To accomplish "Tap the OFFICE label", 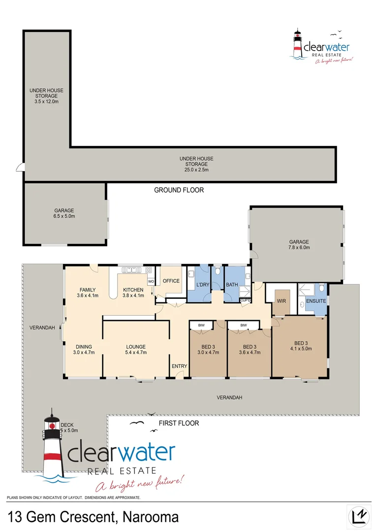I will coord(171,281).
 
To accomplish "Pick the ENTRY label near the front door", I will coord(179,366).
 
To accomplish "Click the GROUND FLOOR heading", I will coord(179,190).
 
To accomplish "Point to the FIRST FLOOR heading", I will coord(179,423).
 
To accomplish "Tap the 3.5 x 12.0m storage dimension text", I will coord(46,101).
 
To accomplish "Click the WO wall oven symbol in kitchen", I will coord(151,281).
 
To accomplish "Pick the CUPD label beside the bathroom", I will coord(245,299).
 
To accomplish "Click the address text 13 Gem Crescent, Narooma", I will coord(94,517).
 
